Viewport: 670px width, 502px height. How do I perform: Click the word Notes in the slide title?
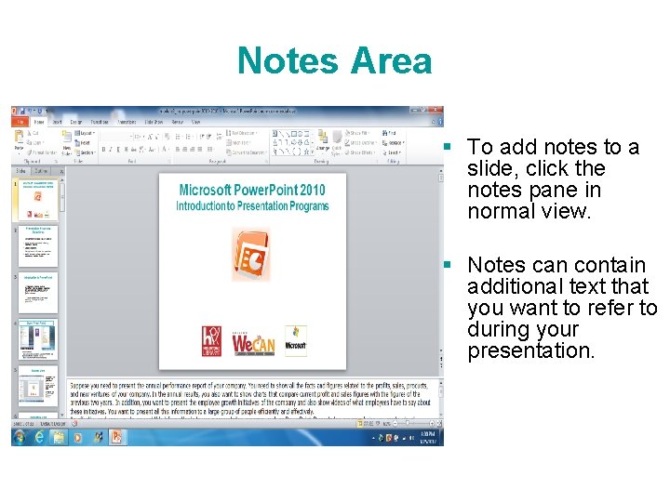[288, 61]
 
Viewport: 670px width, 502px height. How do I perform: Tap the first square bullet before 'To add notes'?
[448, 147]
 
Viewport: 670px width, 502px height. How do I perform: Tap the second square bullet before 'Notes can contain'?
[448, 265]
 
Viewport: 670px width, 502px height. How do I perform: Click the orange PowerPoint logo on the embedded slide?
[251, 254]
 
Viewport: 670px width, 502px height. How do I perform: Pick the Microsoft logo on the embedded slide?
[296, 341]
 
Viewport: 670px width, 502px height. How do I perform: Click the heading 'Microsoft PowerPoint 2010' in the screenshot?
[252, 191]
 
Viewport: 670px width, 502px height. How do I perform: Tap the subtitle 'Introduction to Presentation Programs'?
[252, 205]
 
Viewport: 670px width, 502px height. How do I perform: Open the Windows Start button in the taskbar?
[19, 436]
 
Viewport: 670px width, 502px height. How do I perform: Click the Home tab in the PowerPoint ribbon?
[39, 122]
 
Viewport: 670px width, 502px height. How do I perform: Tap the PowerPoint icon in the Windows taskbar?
[117, 436]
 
